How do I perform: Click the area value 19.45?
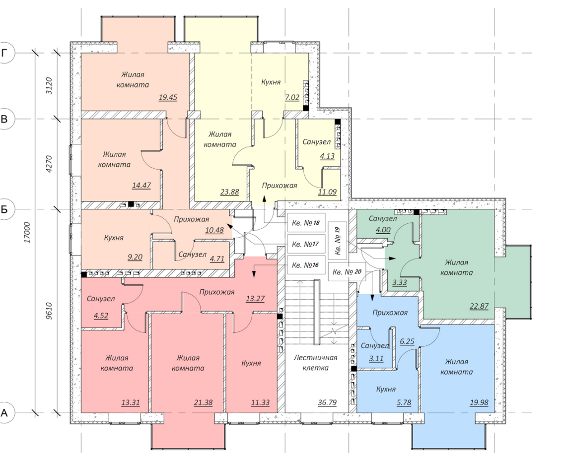coord(168,97)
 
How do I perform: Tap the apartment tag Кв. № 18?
coord(306,223)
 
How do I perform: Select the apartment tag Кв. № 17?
coord(305,244)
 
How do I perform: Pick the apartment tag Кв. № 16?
coord(305,265)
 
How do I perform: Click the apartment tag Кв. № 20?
coord(347,271)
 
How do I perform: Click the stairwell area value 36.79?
coord(327,402)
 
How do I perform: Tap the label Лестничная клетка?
coord(315,363)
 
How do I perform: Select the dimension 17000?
coord(27,232)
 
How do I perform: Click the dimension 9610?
coord(49,311)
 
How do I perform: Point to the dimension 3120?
coord(49,86)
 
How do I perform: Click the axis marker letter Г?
coord(4,53)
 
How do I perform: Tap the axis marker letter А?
coord(4,412)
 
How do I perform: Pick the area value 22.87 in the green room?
coord(479,306)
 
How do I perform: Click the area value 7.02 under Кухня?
coord(292,97)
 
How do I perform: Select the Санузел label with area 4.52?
coord(101,299)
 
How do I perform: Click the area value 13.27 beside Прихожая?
coord(255,298)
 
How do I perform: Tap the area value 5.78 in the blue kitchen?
coord(404,402)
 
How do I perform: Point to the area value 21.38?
coord(203,402)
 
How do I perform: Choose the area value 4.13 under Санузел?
coord(327,156)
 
